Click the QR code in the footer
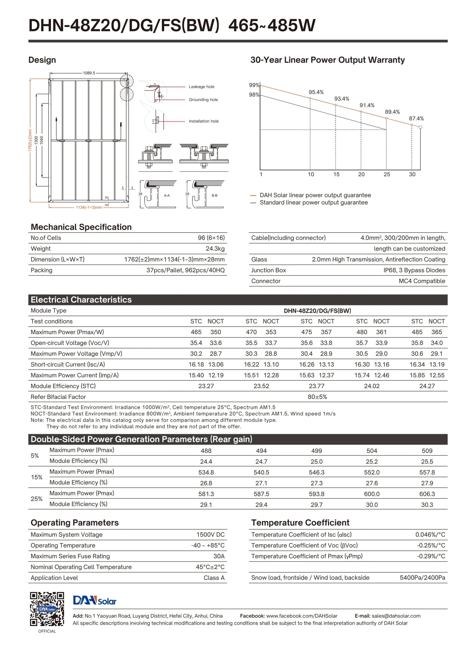(47, 609)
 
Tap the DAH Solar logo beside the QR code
(94, 600)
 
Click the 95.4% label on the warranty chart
(316, 92)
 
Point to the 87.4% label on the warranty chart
(416, 119)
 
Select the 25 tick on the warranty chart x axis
(387, 174)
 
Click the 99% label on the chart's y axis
(254, 85)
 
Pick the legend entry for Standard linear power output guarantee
(313, 203)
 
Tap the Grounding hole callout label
(203, 100)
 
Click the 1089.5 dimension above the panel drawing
(89, 73)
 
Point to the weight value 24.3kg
(215, 249)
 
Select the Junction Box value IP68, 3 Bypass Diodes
(414, 270)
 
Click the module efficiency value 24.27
(427, 386)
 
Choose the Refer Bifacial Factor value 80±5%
(317, 397)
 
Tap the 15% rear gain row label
(36, 477)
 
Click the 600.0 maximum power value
(372, 494)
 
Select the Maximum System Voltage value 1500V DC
(211, 534)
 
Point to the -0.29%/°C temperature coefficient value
(431, 556)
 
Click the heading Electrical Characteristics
(81, 300)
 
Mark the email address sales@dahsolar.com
(396, 616)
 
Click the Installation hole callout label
(203, 121)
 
